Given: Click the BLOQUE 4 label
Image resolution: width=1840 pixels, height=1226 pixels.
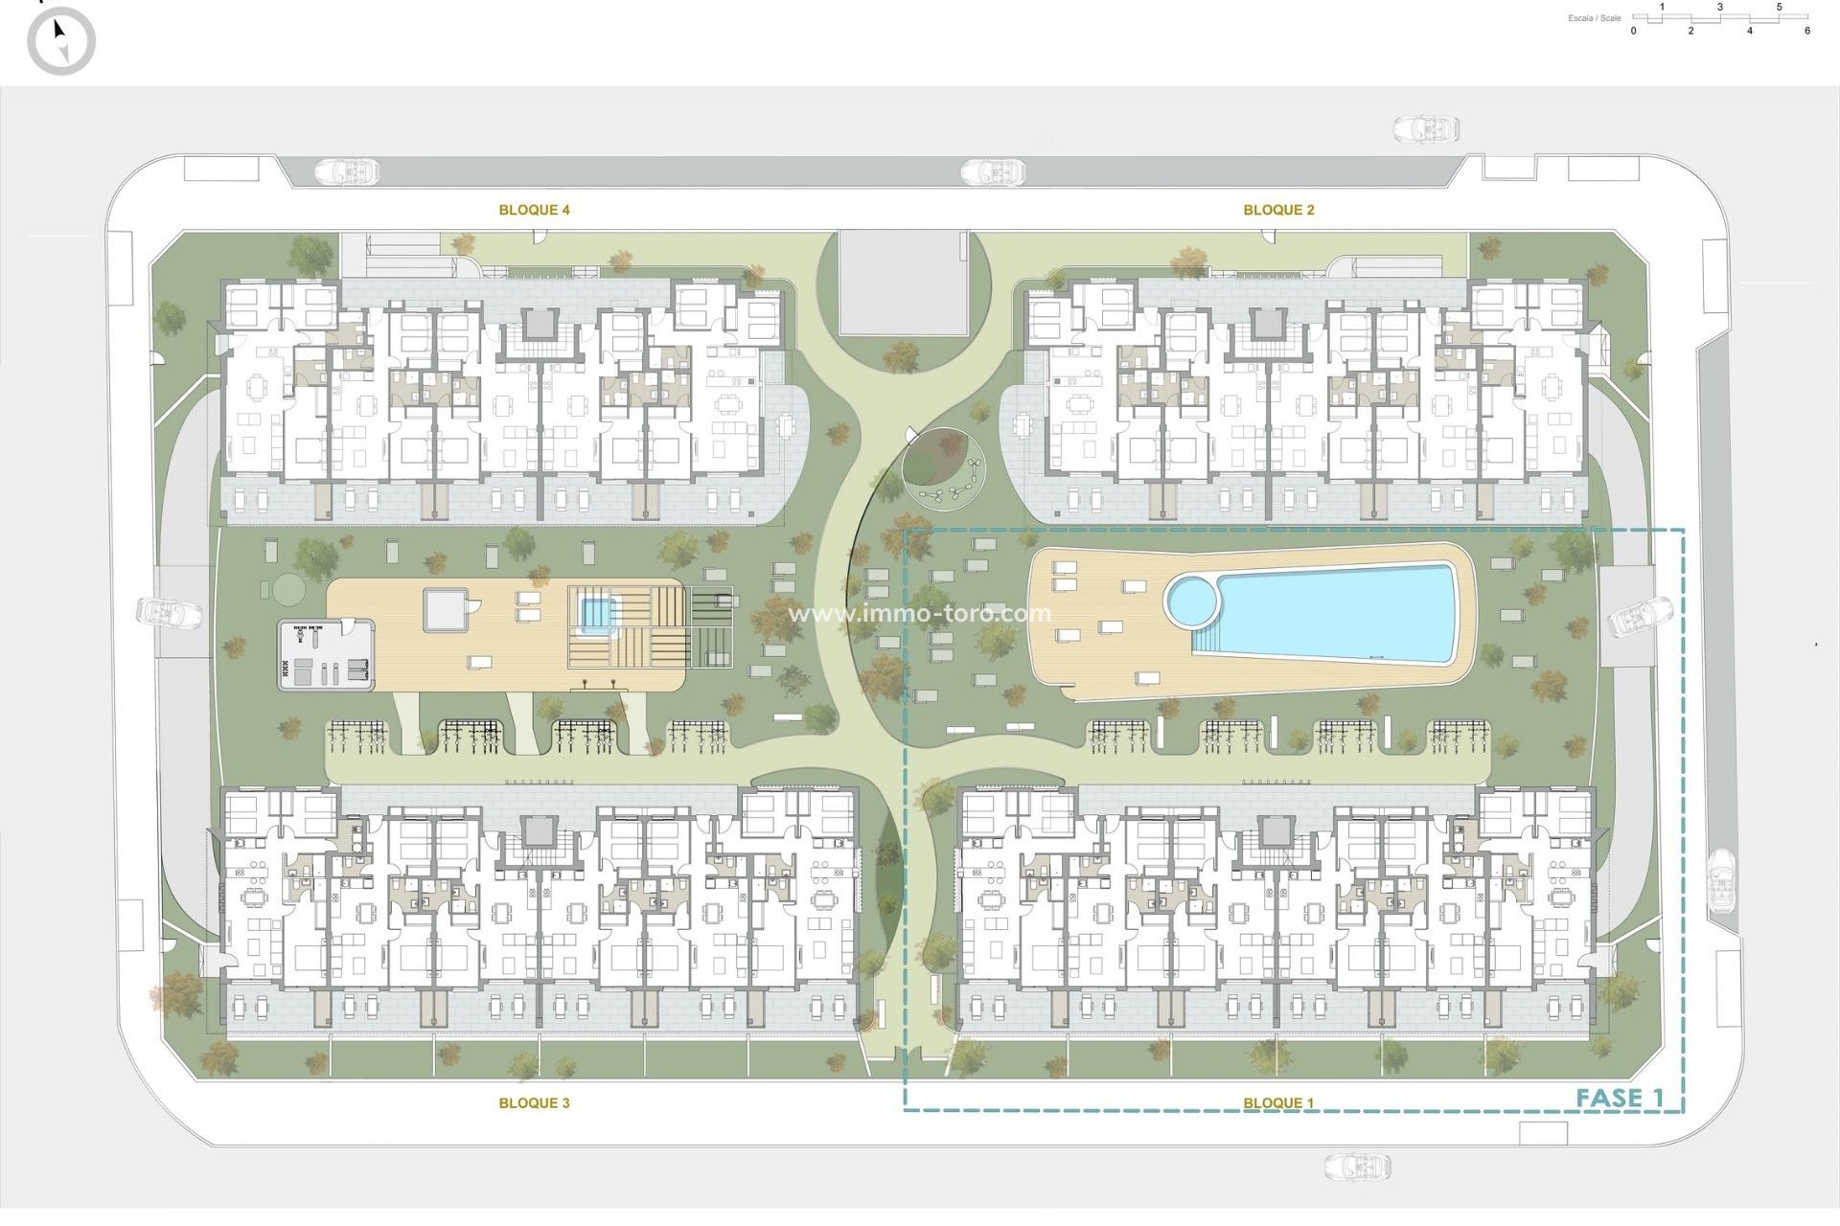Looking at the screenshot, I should [x=534, y=210].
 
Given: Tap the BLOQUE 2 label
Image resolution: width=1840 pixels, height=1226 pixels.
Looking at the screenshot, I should [x=1278, y=210].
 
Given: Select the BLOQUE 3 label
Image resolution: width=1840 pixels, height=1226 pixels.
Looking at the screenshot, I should [x=534, y=1103].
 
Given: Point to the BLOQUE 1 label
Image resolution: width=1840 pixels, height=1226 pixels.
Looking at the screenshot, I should [x=1278, y=1103].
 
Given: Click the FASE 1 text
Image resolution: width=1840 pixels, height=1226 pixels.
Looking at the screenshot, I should [x=1620, y=1098].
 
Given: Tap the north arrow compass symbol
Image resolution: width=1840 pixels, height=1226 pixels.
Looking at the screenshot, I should [x=61, y=41].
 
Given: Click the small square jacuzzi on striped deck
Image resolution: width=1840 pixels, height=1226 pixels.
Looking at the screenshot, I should [x=596, y=611].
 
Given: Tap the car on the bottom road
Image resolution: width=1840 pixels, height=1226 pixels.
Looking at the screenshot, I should [x=1357, y=1166].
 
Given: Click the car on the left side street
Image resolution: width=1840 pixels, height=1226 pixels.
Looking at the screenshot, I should [x=169, y=612].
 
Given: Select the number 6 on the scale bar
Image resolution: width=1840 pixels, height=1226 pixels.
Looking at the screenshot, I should [x=1806, y=32].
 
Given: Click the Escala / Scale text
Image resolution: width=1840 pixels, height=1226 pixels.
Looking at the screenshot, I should [x=1594, y=18].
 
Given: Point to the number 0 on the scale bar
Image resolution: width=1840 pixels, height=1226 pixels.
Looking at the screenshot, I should [x=1633, y=32].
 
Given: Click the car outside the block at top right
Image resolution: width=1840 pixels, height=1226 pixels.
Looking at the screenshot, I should [x=1425, y=128].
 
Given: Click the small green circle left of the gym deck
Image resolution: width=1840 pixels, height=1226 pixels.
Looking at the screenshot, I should [x=286, y=587].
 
